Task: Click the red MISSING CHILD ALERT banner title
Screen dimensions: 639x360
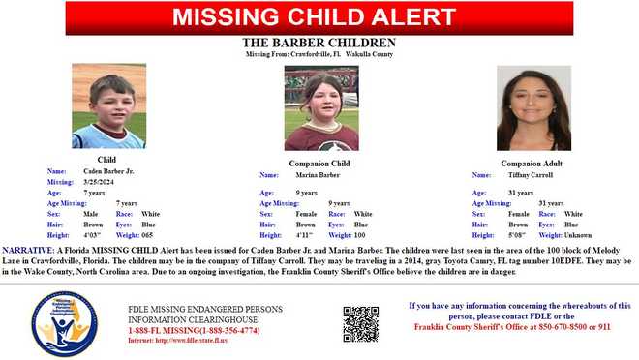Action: pyautogui.click(x=319, y=16)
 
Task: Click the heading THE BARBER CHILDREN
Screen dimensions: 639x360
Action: pyautogui.click(x=319, y=43)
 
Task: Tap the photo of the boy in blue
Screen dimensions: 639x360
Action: pyautogui.click(x=107, y=106)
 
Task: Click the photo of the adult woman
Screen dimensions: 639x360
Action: pyautogui.click(x=532, y=109)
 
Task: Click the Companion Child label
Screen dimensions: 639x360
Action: pyautogui.click(x=320, y=164)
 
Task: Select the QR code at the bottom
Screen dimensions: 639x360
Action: pyautogui.click(x=360, y=324)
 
